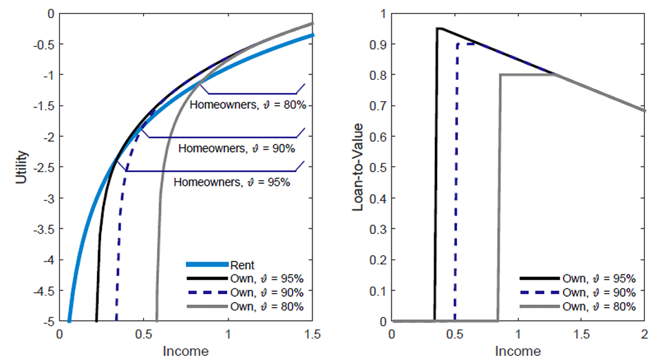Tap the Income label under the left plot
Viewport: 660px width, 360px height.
coord(186,351)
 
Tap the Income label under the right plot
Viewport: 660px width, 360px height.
coord(518,351)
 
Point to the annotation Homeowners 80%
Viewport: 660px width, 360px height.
coord(252,105)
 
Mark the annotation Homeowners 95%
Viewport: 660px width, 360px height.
coord(232,182)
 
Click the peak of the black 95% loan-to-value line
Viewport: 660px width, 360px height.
coord(438,28)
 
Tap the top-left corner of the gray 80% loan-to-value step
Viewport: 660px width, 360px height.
coord(500,74)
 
